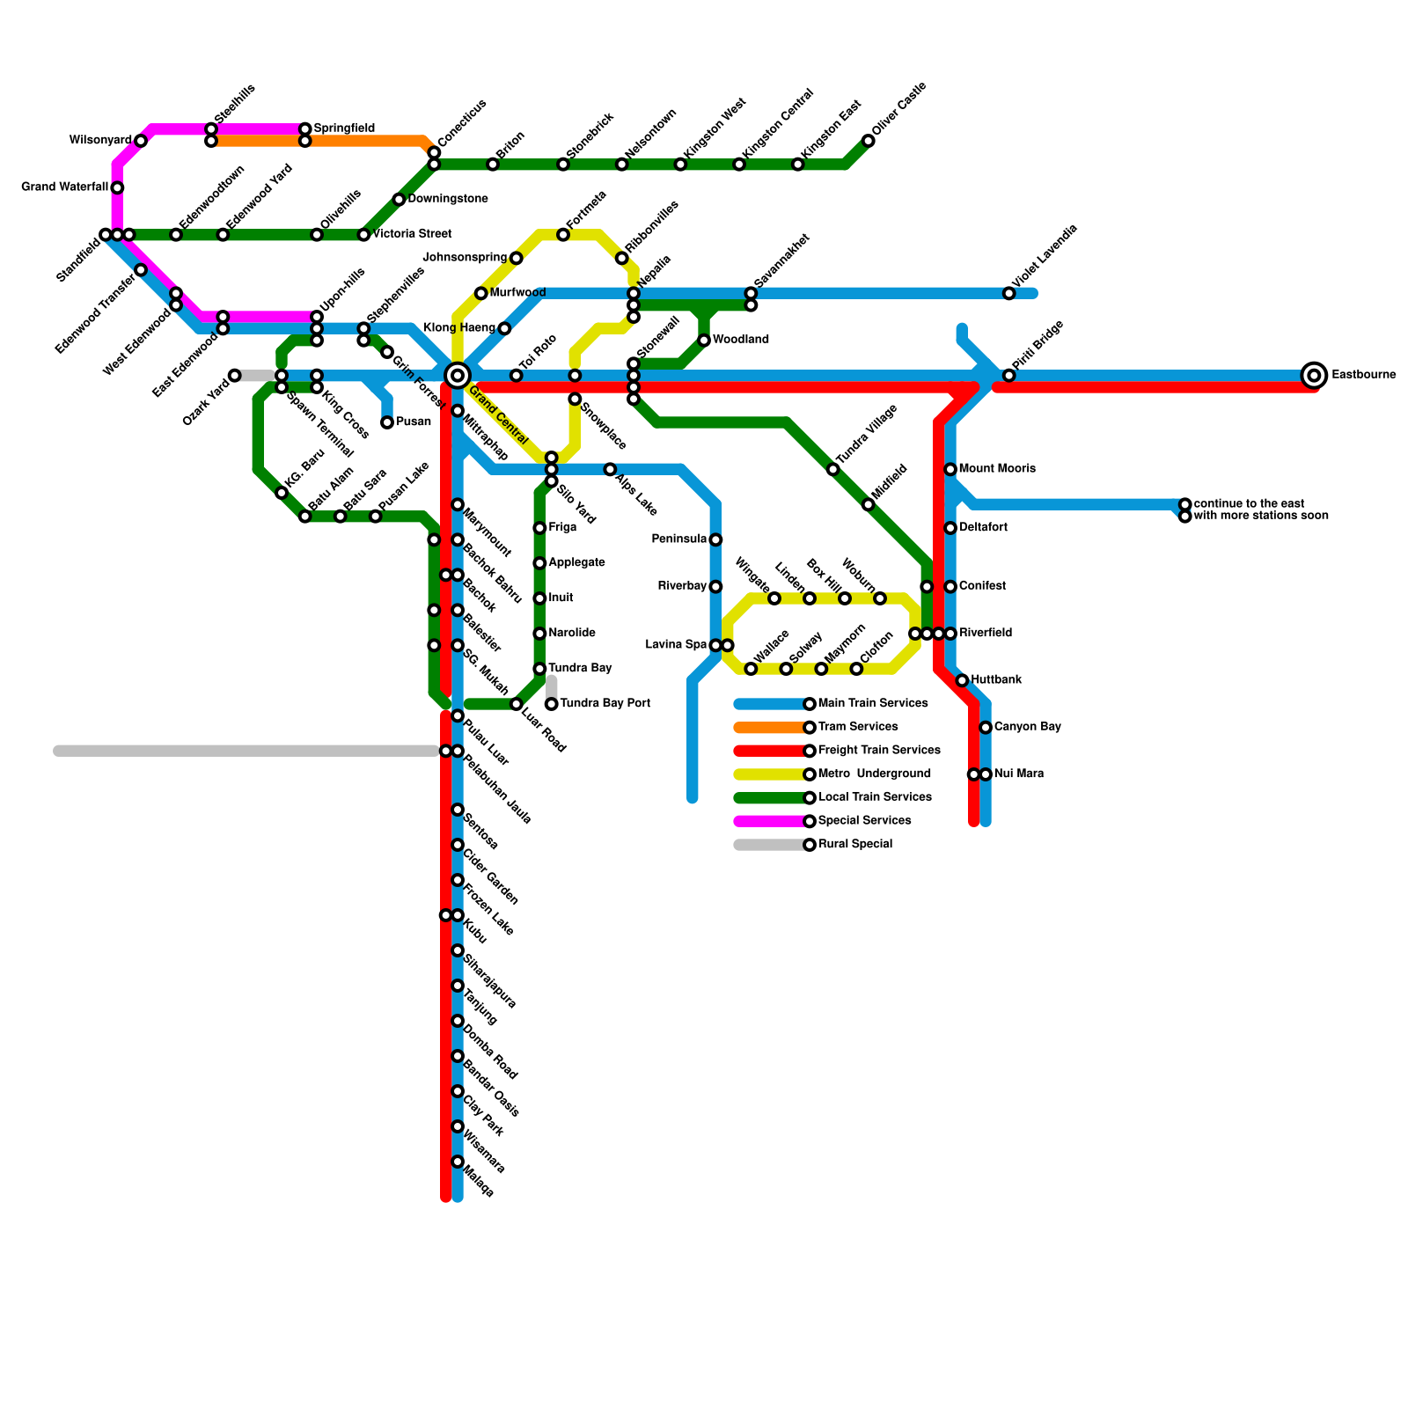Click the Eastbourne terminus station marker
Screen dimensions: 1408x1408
pos(1314,376)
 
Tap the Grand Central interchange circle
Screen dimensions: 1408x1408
pos(457,376)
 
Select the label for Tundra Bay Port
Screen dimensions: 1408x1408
pos(605,704)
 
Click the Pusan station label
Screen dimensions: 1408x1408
pos(413,422)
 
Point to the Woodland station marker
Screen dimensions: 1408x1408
pos(704,341)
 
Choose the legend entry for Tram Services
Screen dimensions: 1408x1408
pos(858,727)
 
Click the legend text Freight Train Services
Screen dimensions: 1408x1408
pos(879,751)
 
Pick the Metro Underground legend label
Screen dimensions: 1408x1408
pos(874,774)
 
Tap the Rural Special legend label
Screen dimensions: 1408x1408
pos(854,845)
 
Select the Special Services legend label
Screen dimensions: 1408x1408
pos(864,821)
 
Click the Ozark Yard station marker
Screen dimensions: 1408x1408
pos(235,376)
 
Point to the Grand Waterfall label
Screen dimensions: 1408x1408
pos(64,187)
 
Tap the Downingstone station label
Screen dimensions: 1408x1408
pos(447,200)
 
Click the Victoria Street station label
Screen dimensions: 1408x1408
pos(412,235)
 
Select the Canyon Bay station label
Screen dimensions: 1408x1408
pos(1027,728)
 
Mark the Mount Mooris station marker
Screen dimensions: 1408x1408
pos(950,469)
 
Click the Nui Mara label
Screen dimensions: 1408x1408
pos(1018,774)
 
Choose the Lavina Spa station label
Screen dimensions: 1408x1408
pos(676,645)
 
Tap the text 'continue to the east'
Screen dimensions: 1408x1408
pos(1249,504)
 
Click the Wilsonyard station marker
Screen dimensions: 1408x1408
pos(141,141)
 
